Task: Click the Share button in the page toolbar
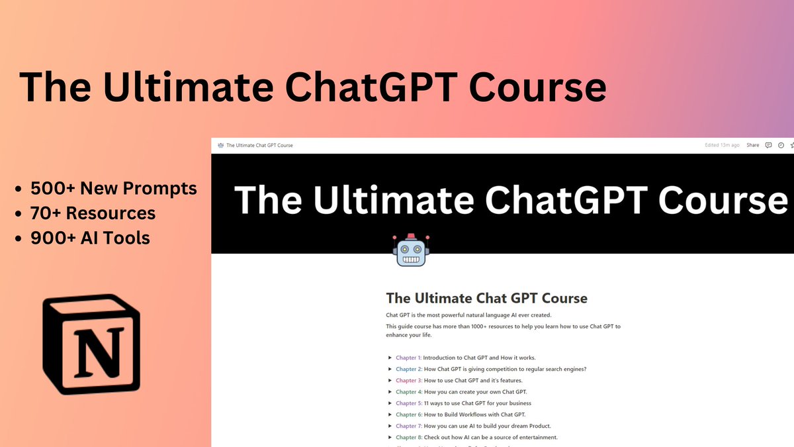click(x=753, y=145)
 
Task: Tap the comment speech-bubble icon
click(x=768, y=145)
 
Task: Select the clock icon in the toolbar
click(x=781, y=145)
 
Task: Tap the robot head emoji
click(x=411, y=250)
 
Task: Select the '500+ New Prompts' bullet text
click(x=113, y=189)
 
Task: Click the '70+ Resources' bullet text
click(x=93, y=213)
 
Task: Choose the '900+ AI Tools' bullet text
click(x=90, y=237)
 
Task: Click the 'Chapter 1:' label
click(x=408, y=358)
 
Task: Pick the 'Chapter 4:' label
click(x=408, y=392)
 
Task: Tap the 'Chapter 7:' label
click(x=408, y=426)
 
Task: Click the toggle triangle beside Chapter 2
click(x=390, y=370)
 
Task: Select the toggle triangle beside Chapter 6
click(x=390, y=415)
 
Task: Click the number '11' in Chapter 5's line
click(x=427, y=403)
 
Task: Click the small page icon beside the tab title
click(x=220, y=145)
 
